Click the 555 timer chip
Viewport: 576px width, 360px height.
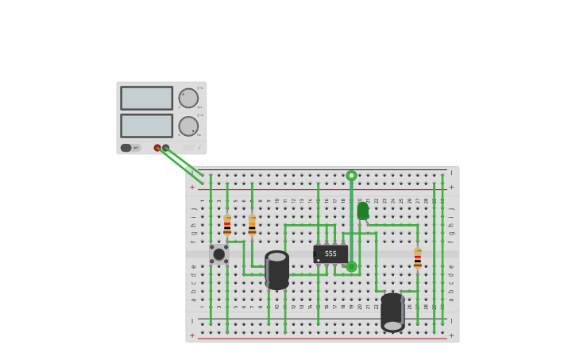pos(331,254)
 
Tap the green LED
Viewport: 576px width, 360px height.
pos(363,211)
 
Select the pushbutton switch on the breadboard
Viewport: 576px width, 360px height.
pos(218,254)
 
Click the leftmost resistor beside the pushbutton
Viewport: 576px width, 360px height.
pos(227,225)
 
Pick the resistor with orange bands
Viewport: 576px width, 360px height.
pos(252,225)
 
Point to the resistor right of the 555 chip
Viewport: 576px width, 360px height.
pos(417,258)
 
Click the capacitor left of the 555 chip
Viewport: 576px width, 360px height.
pos(276,269)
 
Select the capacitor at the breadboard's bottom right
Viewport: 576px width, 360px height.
pos(392,312)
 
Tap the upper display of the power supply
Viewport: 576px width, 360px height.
pos(146,98)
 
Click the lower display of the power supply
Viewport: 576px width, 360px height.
pos(146,126)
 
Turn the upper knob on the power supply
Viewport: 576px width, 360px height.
pos(188,98)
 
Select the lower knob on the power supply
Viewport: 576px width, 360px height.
pos(188,126)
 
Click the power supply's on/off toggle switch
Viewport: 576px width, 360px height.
pos(126,148)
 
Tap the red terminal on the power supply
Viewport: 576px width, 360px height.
pos(157,148)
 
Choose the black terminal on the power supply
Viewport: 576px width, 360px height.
pos(166,148)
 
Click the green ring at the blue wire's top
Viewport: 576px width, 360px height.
pos(351,176)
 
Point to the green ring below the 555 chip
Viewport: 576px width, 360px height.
pos(351,266)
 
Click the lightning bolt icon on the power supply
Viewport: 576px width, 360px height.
pos(199,148)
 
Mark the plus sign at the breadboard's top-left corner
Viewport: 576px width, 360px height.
pos(191,188)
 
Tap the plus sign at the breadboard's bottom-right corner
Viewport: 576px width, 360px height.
pos(451,335)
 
